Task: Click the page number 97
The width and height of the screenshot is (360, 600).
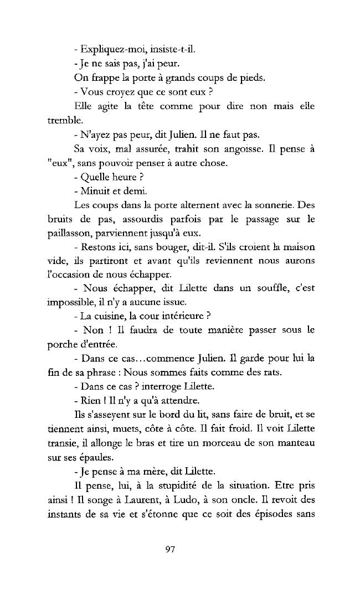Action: [x=170, y=549]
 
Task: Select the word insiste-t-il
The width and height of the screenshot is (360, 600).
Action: [x=161, y=49]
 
